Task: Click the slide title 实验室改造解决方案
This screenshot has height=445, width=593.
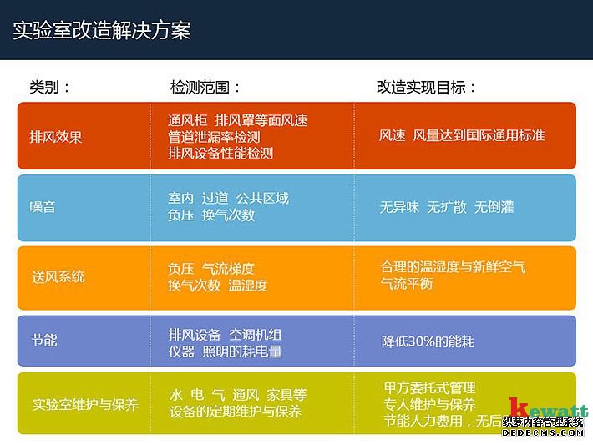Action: (x=102, y=31)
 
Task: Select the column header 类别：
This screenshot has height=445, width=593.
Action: (x=50, y=87)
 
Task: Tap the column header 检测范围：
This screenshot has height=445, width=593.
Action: (x=205, y=87)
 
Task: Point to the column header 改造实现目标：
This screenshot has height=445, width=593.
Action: (x=427, y=87)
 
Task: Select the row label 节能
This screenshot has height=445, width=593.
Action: (x=43, y=341)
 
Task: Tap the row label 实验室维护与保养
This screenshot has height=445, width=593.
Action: (x=84, y=404)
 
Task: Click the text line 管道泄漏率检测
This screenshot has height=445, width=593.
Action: (x=214, y=137)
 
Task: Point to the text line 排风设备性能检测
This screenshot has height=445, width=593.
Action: (x=220, y=153)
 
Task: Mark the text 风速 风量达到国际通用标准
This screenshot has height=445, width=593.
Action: (x=462, y=134)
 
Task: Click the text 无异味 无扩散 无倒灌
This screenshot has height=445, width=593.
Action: (x=447, y=207)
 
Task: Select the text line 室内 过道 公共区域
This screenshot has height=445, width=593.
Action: (x=228, y=198)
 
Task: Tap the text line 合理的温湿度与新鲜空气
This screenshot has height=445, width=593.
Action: (x=453, y=267)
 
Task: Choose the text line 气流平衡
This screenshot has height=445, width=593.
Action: (x=407, y=284)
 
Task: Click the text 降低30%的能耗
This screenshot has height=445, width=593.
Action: (x=428, y=341)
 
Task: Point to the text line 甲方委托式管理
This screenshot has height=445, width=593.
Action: (x=429, y=388)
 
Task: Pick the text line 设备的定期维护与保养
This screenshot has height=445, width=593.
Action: (x=236, y=412)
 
